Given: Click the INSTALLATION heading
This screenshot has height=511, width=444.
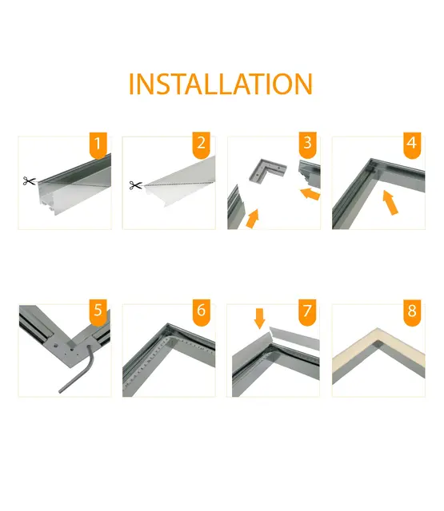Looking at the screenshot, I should tap(221, 84).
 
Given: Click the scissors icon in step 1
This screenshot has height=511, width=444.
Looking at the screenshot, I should tap(30, 182).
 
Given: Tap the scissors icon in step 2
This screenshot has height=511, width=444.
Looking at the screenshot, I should tap(134, 185).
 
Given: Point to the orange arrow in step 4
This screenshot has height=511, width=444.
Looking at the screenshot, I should tap(391, 203).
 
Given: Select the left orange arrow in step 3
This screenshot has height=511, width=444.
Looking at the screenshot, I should tap(252, 217).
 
